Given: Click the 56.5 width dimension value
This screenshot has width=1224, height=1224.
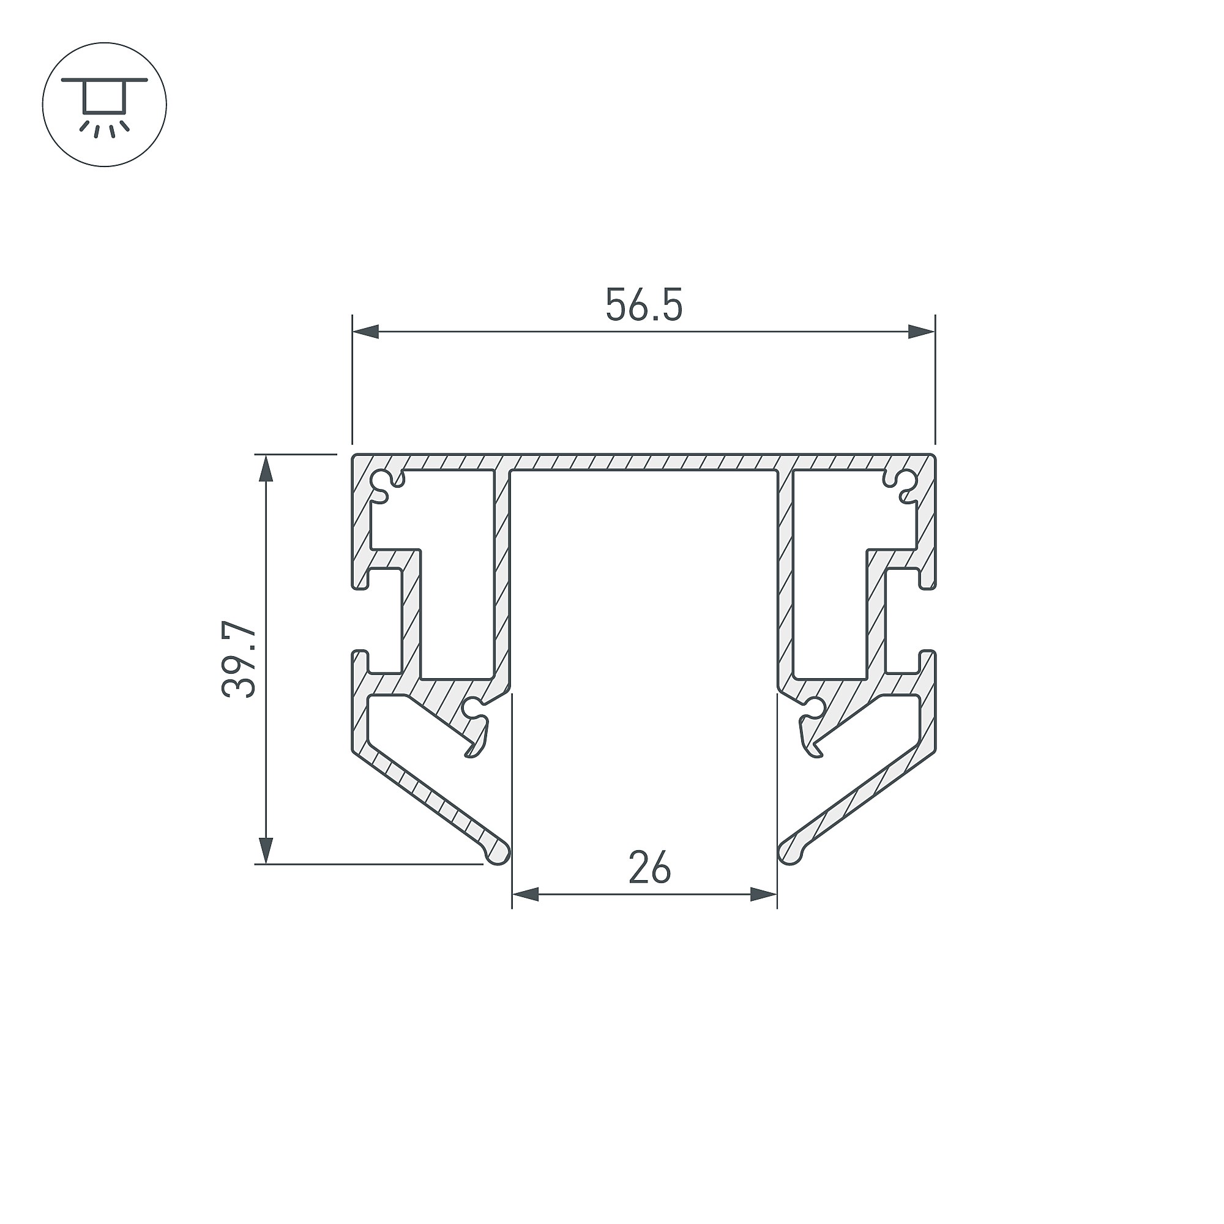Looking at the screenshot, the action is (x=644, y=305).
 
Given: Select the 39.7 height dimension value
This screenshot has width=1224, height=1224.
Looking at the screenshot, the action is (x=239, y=660).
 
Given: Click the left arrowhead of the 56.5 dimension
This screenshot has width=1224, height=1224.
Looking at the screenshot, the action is (x=365, y=331).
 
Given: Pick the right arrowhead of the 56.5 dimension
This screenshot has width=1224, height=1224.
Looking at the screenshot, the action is (x=921, y=331).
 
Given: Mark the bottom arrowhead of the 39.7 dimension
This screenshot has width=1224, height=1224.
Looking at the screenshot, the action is (x=266, y=850).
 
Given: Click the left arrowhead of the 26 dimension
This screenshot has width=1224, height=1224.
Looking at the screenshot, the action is (x=525, y=895).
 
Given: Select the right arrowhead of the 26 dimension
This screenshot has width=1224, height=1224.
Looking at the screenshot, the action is (x=763, y=895).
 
